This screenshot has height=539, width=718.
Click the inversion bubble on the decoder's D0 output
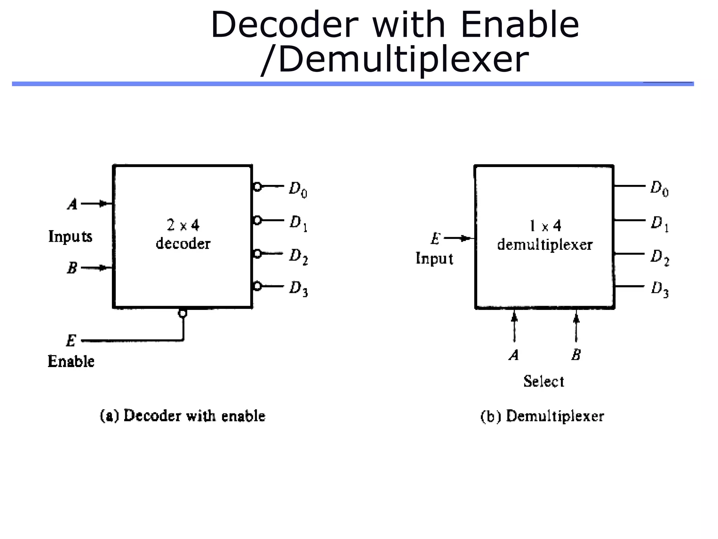[x=257, y=187]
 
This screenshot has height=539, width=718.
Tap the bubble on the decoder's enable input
[x=182, y=313]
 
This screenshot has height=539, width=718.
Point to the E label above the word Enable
[x=71, y=340]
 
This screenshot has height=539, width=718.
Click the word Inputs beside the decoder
[x=70, y=236]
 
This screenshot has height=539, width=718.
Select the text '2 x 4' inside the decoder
[x=183, y=225]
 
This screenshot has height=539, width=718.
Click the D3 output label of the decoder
[x=298, y=288]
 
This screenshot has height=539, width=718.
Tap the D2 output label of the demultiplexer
[x=659, y=257]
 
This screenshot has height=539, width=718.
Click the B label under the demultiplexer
[x=576, y=355]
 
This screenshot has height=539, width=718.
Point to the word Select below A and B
[x=544, y=381]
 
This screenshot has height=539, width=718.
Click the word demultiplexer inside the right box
[x=545, y=245]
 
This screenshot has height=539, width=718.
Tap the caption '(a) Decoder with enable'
[x=183, y=416]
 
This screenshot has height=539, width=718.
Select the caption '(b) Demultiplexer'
[x=542, y=416]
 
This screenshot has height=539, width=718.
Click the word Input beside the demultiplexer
[x=434, y=259]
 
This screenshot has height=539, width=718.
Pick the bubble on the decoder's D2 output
[x=257, y=253]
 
